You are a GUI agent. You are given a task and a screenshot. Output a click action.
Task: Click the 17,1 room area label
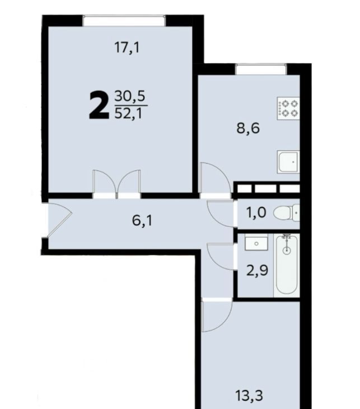tap(127, 48)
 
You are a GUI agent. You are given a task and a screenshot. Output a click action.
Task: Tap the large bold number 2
tap(99, 106)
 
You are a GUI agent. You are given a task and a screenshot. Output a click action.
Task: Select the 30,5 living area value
tap(129, 96)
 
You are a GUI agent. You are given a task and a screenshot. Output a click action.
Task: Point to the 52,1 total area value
tap(129, 114)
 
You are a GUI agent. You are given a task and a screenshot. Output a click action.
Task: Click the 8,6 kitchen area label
tap(248, 128)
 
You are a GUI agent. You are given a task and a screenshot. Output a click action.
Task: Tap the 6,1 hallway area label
tap(142, 221)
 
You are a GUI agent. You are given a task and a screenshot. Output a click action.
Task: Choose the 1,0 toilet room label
tap(256, 212)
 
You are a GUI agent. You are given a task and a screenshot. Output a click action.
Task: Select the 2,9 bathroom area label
tap(258, 270)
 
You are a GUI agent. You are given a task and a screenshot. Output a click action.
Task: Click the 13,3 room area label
tap(249, 395)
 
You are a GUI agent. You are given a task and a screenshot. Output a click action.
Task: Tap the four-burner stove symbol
tap(288, 109)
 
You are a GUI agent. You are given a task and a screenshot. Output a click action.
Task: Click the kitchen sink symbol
tap(288, 162)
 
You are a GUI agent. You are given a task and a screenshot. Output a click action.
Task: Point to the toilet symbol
tap(287, 213)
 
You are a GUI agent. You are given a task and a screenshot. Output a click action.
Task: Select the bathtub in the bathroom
tap(287, 265)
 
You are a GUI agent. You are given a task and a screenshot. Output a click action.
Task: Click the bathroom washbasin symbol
tap(256, 243)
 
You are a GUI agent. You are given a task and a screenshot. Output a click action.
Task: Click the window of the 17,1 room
tap(124, 21)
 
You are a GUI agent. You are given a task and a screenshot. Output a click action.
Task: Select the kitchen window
tap(261, 69)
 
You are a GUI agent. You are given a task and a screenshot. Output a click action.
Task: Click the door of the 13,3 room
tap(217, 315)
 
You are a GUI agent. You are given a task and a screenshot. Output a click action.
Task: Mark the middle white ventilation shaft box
tap(265, 189)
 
